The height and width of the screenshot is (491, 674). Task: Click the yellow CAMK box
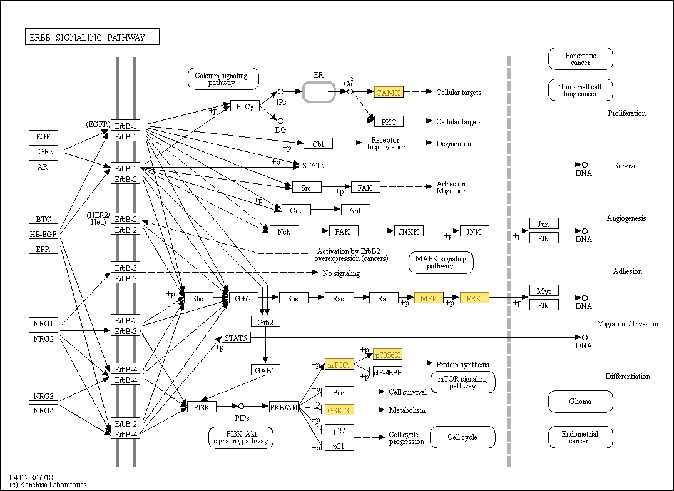[389, 93]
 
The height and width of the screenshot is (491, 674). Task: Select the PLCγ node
[245, 106]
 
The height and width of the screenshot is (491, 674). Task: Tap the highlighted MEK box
[429, 298]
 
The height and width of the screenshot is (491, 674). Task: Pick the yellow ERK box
[474, 298]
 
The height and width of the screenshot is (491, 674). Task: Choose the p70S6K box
[387, 355]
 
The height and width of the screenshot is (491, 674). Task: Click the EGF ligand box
[43, 136]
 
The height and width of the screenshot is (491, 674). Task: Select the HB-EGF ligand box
[43, 234]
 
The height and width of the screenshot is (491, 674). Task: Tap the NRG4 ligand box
[43, 410]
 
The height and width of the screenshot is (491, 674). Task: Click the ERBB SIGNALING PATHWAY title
[92, 38]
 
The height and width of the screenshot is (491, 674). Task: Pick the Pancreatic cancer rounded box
[580, 59]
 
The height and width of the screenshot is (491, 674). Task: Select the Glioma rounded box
[580, 402]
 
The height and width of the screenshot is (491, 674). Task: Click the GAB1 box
[265, 370]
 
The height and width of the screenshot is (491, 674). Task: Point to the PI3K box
[202, 407]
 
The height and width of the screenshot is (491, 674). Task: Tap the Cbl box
[318, 144]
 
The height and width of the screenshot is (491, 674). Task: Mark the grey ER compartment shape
[319, 92]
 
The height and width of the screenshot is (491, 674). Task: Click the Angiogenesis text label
[626, 218]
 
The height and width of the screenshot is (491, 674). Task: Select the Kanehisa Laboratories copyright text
[48, 485]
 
